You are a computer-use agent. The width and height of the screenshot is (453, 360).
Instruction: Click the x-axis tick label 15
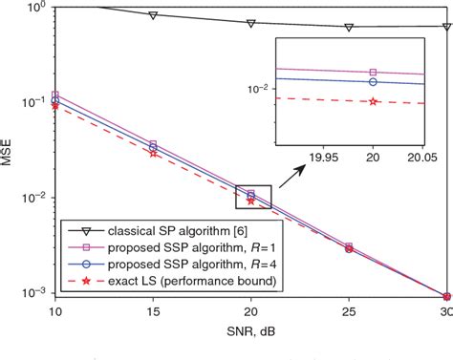pyautogui.click(x=153, y=311)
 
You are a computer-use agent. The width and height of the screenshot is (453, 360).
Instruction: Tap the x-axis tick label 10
pyautogui.click(x=54, y=311)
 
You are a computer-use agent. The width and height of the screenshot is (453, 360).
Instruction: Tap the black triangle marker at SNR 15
pyautogui.click(x=153, y=15)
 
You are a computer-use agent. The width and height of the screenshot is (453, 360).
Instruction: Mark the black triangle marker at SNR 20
pyautogui.click(x=250, y=22)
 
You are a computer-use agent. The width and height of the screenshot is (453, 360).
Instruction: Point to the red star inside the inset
pyautogui.click(x=373, y=100)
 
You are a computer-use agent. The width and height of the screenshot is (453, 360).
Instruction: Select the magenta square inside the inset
pyautogui.click(x=373, y=72)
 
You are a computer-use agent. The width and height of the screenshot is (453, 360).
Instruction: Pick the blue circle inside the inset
pyautogui.click(x=373, y=82)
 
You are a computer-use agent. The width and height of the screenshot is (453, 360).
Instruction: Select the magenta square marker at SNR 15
pyautogui.click(x=153, y=144)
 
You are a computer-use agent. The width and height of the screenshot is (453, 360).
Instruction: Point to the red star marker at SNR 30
pyautogui.click(x=445, y=296)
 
